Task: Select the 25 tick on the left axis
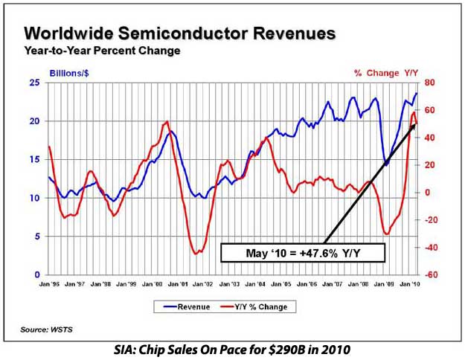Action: coord(34,83)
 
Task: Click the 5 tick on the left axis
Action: coord(36,237)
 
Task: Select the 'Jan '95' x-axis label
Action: coord(49,283)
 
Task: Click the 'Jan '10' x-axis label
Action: coord(408,283)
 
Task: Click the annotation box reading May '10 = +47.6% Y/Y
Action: coord(303,253)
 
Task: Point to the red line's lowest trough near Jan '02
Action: coord(196,254)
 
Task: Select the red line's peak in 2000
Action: coord(166,122)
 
